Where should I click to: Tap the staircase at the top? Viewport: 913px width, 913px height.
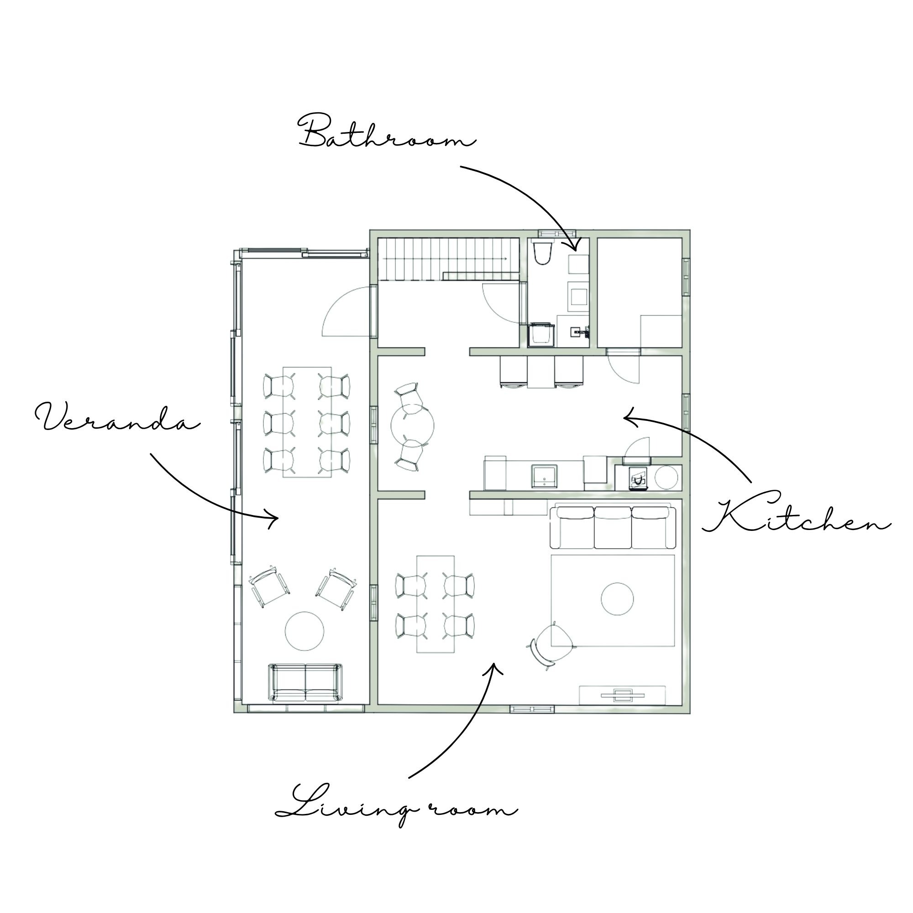coord(448,259)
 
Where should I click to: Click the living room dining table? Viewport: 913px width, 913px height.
coord(436,604)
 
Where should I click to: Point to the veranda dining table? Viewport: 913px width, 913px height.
coord(307,422)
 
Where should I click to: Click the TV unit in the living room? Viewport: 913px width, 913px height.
coord(622,694)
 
